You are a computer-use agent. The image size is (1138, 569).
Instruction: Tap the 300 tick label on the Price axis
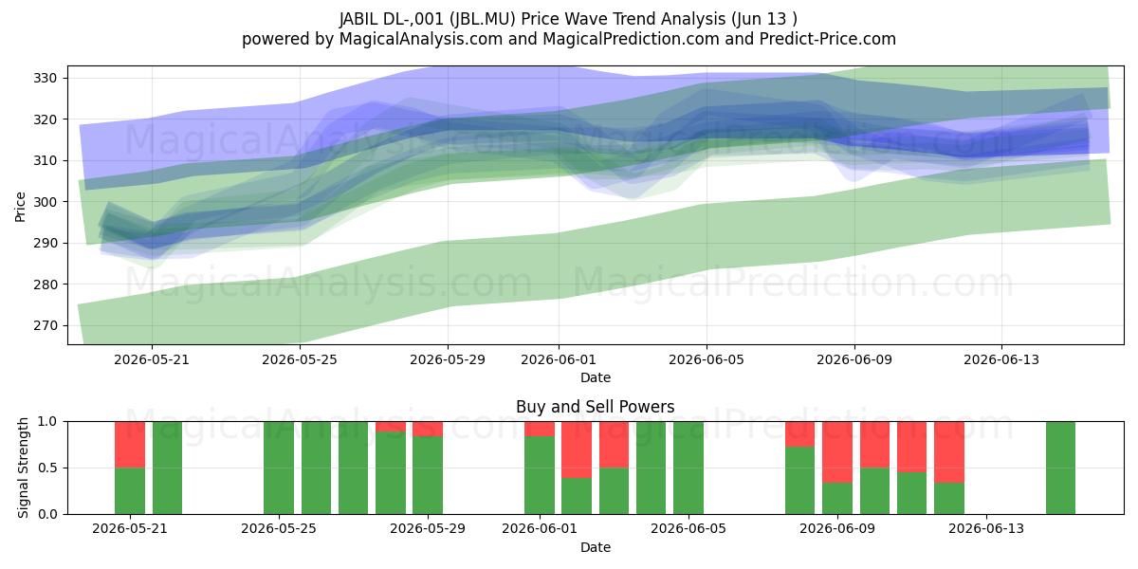(45, 202)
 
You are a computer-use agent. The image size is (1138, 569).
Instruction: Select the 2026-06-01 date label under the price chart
(559, 359)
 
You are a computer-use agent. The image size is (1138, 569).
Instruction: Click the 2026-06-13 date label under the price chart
(1001, 359)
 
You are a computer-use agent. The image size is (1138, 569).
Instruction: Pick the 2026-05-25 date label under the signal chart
(279, 528)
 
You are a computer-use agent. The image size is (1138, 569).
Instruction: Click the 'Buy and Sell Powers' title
(595, 407)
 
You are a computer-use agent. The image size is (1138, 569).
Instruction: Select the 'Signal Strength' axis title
(23, 468)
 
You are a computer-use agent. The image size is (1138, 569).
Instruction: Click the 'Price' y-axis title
(20, 207)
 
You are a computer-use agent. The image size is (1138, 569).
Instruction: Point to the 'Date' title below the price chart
(596, 377)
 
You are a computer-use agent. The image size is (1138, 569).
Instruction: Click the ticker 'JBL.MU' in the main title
(483, 19)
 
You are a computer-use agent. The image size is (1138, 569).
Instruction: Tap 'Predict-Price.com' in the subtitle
(828, 39)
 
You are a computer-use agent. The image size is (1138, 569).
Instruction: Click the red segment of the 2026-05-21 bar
(130, 445)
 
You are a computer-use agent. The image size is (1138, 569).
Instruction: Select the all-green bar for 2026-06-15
(1060, 468)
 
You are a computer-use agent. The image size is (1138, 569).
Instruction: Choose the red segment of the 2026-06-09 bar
(837, 452)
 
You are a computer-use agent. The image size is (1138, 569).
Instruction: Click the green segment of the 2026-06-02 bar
(577, 496)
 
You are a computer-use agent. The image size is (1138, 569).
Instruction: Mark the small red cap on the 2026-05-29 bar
(428, 429)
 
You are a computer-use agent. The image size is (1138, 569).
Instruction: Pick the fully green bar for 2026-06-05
(688, 468)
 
